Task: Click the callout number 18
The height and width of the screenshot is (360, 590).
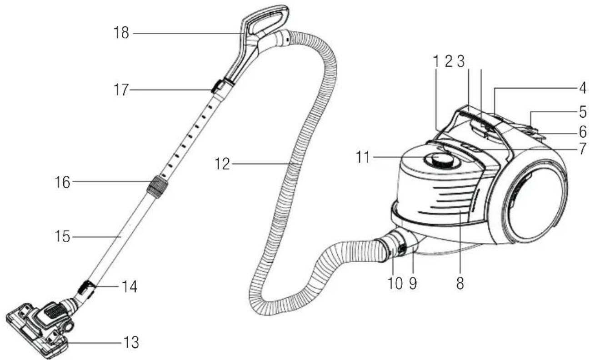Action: coord(121,33)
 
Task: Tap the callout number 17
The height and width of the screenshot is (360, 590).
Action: coord(121,90)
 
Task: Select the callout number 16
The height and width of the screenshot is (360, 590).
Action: coord(62,182)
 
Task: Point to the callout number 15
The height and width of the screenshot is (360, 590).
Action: coord(62,236)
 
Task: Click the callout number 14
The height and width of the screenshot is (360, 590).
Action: coord(130,286)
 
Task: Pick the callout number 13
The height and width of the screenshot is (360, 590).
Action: coord(131,343)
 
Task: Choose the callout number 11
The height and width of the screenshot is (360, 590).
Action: coord(363,157)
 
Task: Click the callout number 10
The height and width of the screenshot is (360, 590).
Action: coord(395,284)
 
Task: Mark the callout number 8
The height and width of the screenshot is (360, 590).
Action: coord(460,284)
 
